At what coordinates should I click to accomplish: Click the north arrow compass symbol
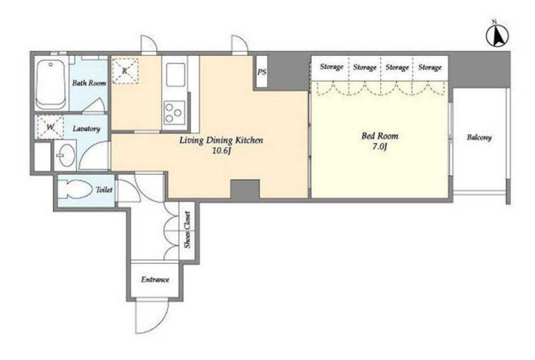click(497, 35)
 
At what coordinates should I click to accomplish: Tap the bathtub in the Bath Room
click(51, 84)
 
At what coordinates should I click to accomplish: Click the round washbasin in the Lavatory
click(66, 155)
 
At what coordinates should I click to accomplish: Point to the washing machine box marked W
click(50, 127)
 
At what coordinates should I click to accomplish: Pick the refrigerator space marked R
click(126, 71)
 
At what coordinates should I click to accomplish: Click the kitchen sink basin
click(176, 75)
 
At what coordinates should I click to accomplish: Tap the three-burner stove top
click(174, 112)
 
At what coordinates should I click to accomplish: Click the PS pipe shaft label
click(262, 72)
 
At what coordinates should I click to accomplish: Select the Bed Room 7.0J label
click(380, 141)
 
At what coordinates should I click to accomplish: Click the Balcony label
click(479, 137)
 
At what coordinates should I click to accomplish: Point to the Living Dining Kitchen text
click(221, 140)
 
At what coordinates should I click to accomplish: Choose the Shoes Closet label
click(188, 230)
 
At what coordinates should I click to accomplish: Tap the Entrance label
click(155, 279)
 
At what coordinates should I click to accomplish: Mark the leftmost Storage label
click(331, 67)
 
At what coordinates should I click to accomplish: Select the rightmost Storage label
click(430, 67)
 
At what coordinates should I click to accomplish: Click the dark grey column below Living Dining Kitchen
click(245, 189)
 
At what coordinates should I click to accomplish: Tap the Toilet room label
click(104, 189)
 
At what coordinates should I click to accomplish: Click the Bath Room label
click(89, 83)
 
